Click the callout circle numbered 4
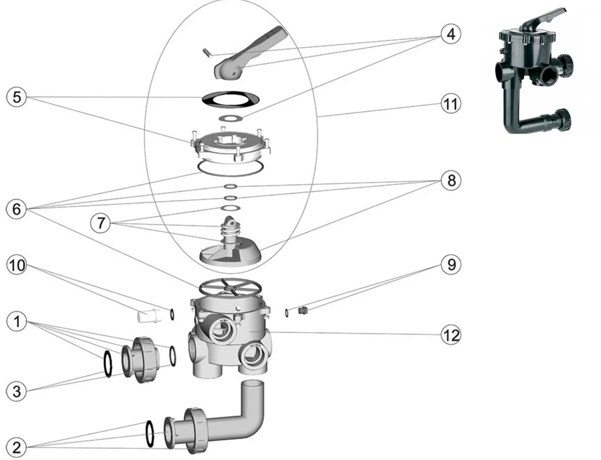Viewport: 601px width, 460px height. [x=451, y=33]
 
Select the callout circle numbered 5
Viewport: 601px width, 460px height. [x=16, y=97]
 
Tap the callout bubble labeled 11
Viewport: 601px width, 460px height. [x=451, y=104]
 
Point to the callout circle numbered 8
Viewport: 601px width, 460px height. [x=451, y=180]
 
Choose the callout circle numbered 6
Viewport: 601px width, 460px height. [x=16, y=209]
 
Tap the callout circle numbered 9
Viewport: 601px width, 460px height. [x=451, y=264]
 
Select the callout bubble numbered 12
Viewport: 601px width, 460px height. [x=451, y=335]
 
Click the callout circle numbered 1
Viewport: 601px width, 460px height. [x=16, y=322]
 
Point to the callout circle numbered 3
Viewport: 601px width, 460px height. [x=16, y=392]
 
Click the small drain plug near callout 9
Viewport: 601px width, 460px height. [x=303, y=310]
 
